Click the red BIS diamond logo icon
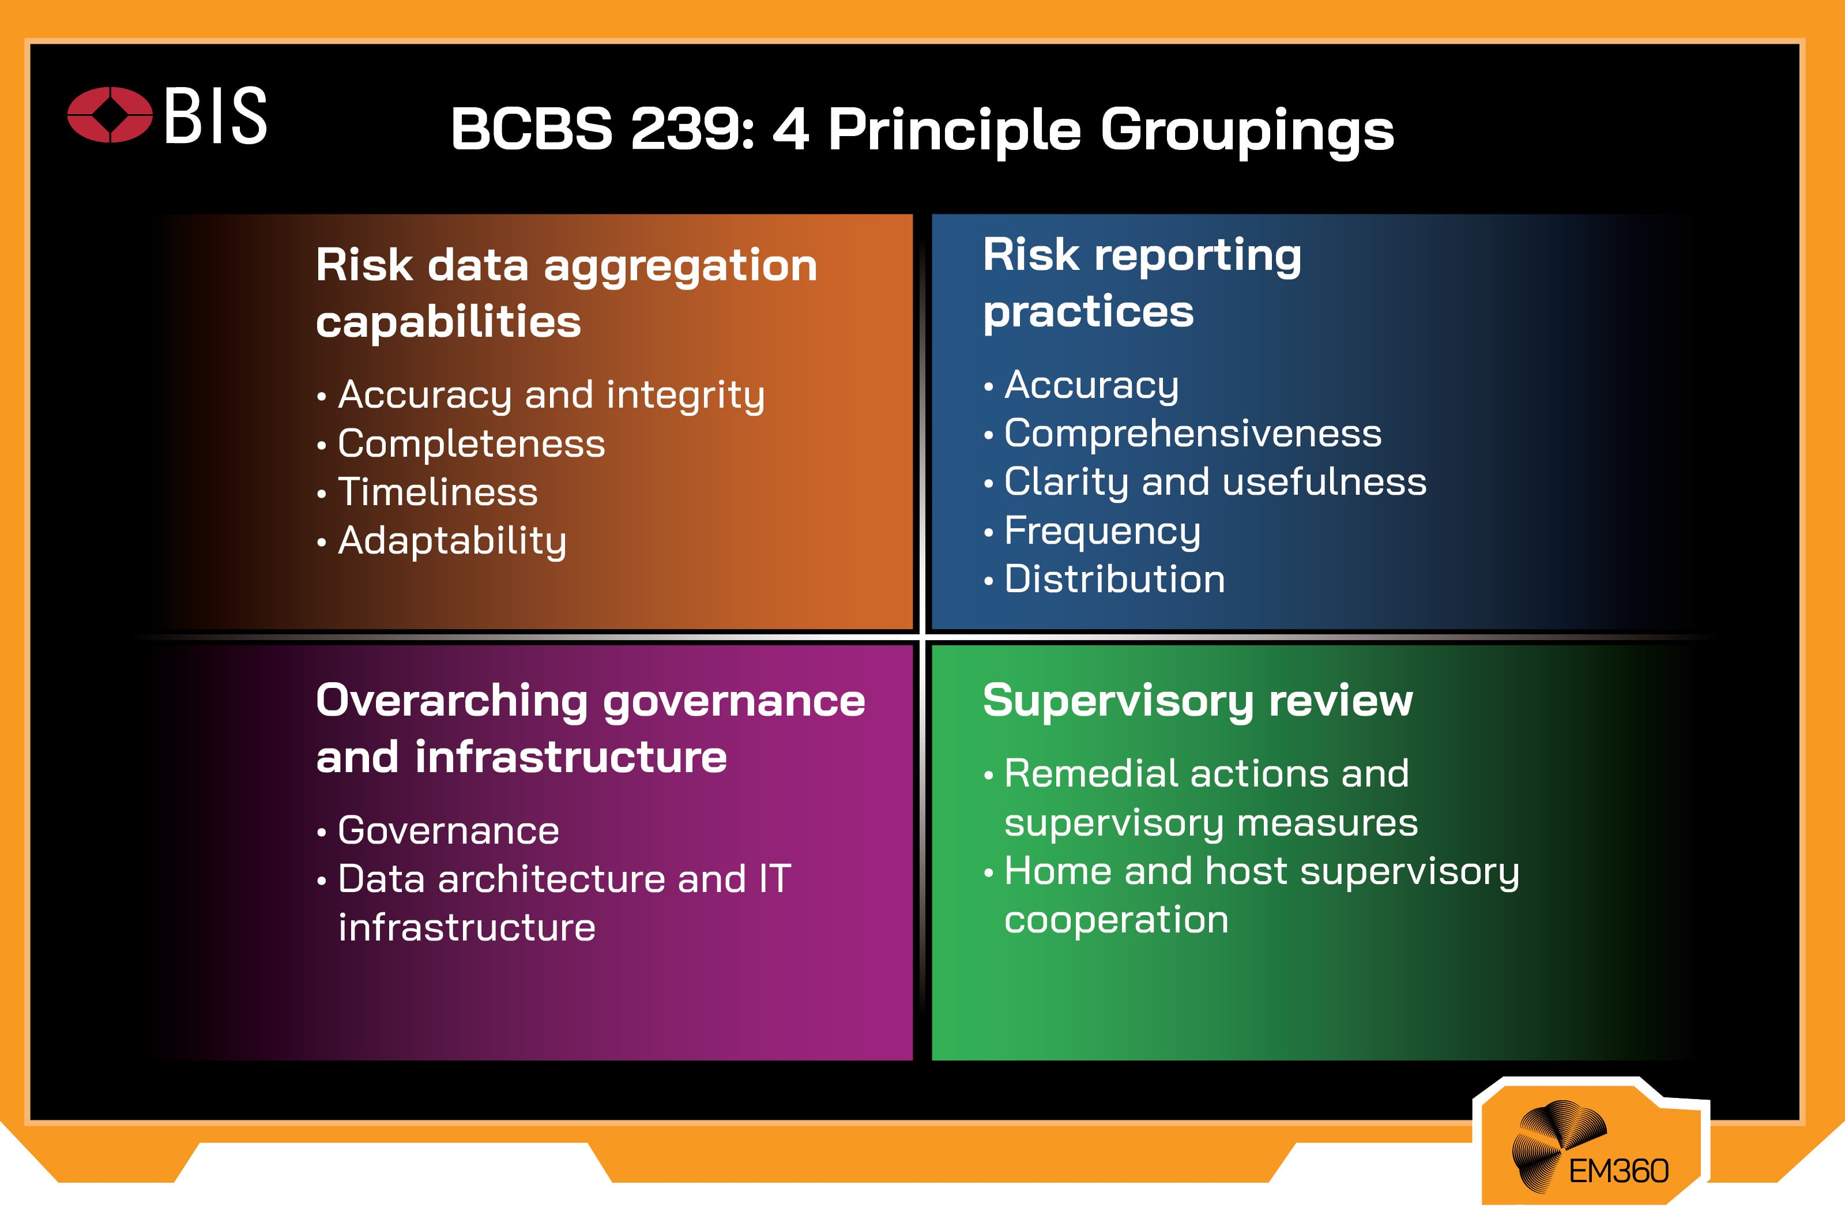[110, 115]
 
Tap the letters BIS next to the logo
[216, 116]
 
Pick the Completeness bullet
[471, 444]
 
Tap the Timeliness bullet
[438, 492]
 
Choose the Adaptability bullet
[451, 541]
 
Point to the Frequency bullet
[1102, 531]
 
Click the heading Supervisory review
[1198, 701]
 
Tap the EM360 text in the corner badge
[1618, 1172]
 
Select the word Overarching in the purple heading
[451, 701]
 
